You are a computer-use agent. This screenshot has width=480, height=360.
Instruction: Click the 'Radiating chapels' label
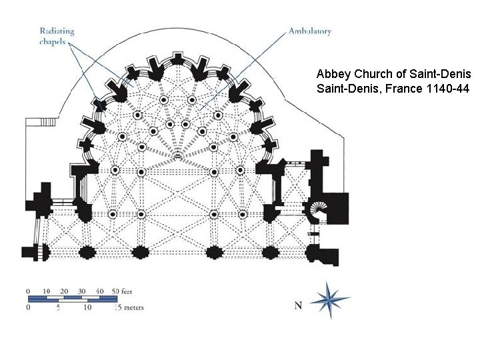56,36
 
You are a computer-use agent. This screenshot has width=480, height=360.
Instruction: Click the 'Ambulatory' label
309,31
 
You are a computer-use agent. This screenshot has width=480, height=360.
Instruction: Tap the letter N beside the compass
298,305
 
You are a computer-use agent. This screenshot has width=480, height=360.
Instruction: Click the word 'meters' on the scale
133,307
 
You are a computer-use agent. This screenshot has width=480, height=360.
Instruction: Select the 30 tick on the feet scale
82,291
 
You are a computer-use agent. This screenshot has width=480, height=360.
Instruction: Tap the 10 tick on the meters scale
87,307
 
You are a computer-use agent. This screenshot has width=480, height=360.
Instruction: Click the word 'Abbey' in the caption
331,73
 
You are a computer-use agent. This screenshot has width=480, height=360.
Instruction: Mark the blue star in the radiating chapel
101,105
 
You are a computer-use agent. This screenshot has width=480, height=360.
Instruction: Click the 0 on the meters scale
28,307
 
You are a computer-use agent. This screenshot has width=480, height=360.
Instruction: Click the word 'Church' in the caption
369,73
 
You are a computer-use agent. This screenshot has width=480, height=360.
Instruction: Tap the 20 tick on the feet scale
65,291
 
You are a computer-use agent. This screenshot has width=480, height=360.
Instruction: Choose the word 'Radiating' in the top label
57,31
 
